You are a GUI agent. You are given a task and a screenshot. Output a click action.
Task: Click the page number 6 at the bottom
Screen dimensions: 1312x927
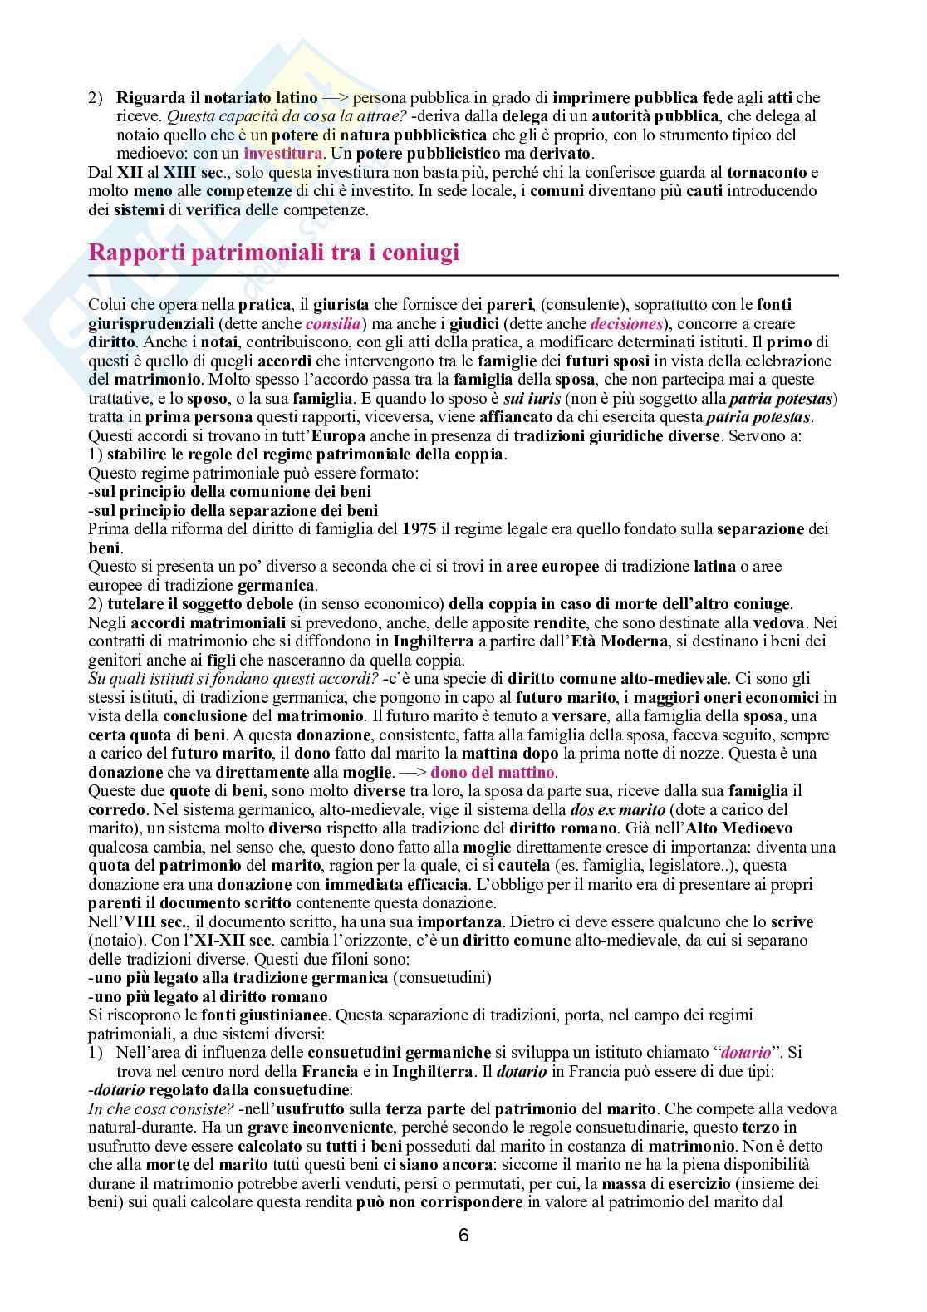pos(463,1235)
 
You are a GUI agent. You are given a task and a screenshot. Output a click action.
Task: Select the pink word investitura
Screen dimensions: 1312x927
pos(282,153)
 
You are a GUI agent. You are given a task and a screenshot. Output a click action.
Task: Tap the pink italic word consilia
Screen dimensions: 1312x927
pos(333,323)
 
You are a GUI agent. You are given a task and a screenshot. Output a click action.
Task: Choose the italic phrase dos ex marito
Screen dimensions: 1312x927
pos(618,809)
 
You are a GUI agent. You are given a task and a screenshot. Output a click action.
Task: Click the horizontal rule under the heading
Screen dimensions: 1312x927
pos(463,274)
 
